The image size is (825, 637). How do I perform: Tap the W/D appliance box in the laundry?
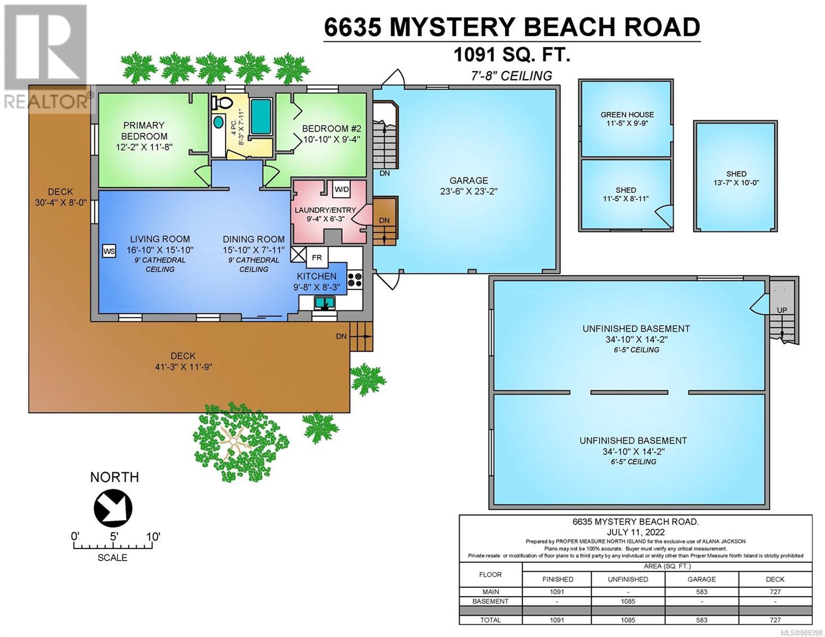point(341,190)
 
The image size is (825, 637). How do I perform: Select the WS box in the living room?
point(109,251)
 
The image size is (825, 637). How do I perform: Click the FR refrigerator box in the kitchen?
point(317,257)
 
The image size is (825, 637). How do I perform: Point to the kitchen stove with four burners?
point(355,280)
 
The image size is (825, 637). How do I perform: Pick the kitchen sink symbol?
point(324,303)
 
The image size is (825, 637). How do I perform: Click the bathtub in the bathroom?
point(261,117)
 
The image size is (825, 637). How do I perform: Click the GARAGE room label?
point(469,180)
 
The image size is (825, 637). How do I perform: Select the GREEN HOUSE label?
point(627,115)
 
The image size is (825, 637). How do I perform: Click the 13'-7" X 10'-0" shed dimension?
point(736,183)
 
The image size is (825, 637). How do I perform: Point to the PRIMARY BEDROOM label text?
point(144,131)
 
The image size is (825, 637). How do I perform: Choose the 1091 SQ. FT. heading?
point(512,55)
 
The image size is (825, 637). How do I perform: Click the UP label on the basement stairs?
point(782,310)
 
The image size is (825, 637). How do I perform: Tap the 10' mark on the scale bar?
point(153,537)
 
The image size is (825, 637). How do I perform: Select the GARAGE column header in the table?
point(702,579)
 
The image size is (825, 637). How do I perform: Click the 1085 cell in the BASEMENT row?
point(628,601)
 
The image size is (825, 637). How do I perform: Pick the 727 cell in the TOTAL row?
point(775,620)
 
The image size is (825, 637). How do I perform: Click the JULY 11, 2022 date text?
point(635,532)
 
